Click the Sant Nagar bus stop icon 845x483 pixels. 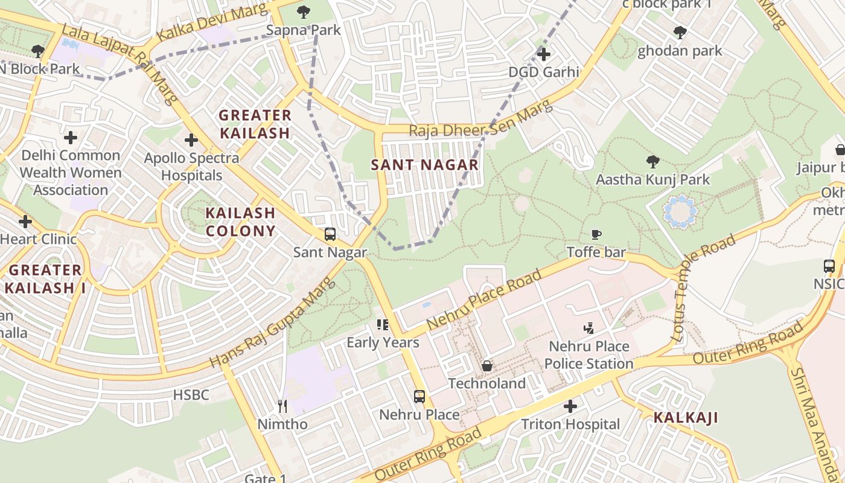(330, 234)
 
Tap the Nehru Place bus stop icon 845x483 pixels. (419, 397)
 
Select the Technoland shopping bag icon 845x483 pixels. (487, 366)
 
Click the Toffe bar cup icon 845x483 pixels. (596, 234)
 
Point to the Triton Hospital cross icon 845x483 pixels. (570, 406)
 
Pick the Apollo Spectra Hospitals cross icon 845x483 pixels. (191, 141)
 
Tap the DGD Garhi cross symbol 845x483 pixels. (543, 54)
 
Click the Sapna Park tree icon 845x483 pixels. (304, 11)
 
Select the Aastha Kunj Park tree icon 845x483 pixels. (652, 161)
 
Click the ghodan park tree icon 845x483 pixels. (680, 33)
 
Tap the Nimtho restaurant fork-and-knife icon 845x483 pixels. (282, 406)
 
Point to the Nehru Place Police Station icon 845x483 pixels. (589, 328)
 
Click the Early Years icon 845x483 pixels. (382, 325)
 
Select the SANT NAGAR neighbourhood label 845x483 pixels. (424, 164)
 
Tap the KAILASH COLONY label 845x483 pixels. (240, 222)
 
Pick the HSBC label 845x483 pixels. (191, 395)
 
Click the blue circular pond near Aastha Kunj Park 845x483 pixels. (680, 211)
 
